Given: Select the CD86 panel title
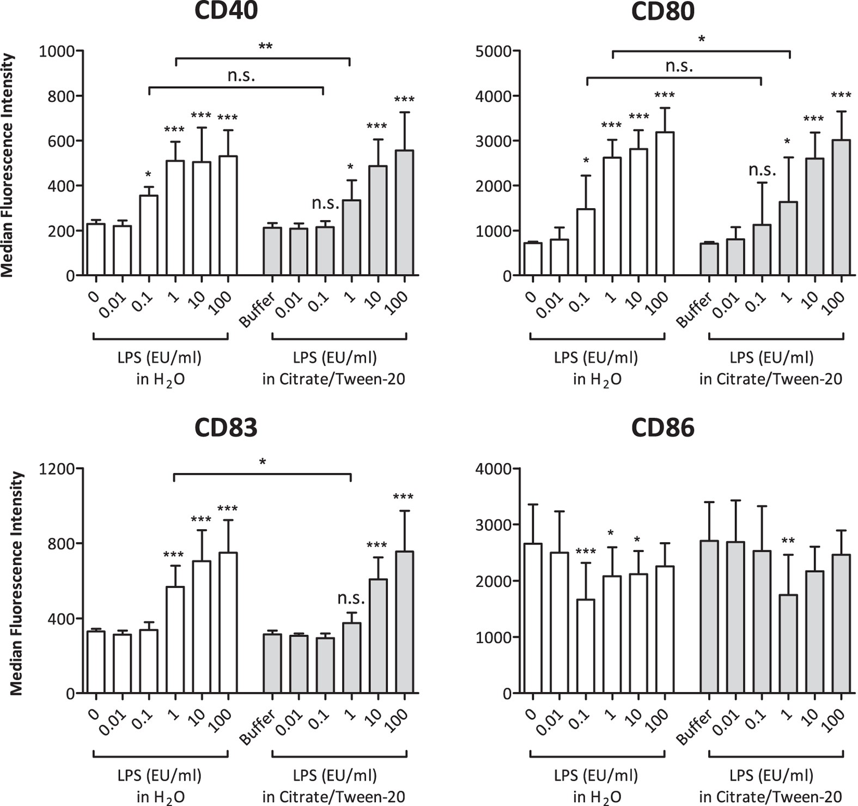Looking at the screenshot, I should click(662, 428).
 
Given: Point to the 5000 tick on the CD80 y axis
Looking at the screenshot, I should click(493, 51).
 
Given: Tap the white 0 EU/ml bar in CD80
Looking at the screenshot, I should click(532, 259).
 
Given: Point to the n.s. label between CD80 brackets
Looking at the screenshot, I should click(679, 66).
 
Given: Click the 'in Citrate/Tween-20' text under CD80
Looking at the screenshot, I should click(770, 379).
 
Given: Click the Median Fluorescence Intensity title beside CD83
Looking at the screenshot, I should click(16, 583).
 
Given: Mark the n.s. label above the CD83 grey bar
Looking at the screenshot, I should click(351, 598).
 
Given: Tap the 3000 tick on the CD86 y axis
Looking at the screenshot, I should click(493, 525).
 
